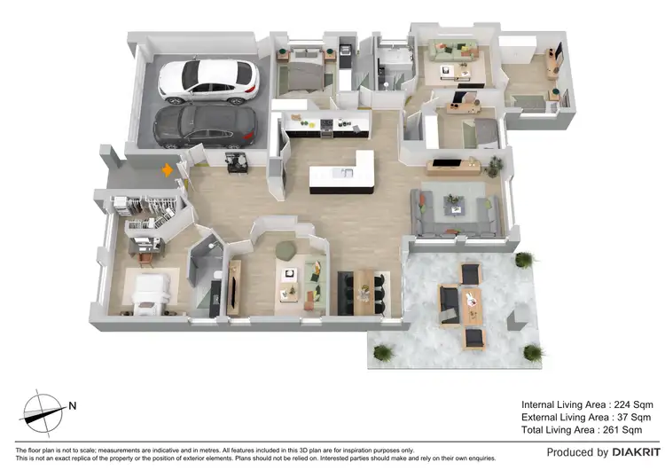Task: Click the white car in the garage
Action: pos(208,81)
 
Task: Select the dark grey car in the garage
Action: pos(205,127)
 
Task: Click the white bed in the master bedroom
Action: pos(152,293)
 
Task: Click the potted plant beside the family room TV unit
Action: pos(494,165)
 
